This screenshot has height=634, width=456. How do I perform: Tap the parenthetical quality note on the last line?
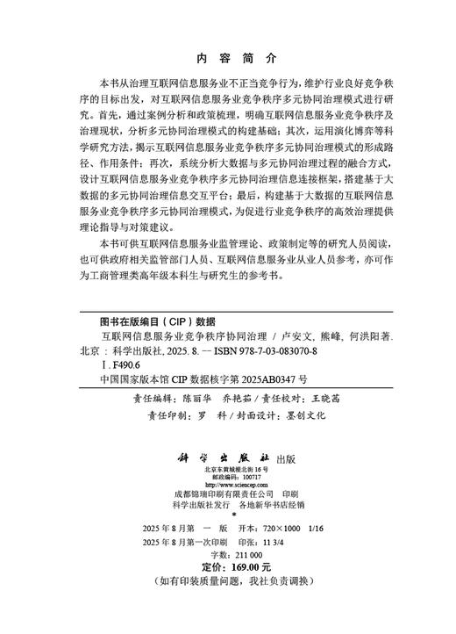pos(227,582)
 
